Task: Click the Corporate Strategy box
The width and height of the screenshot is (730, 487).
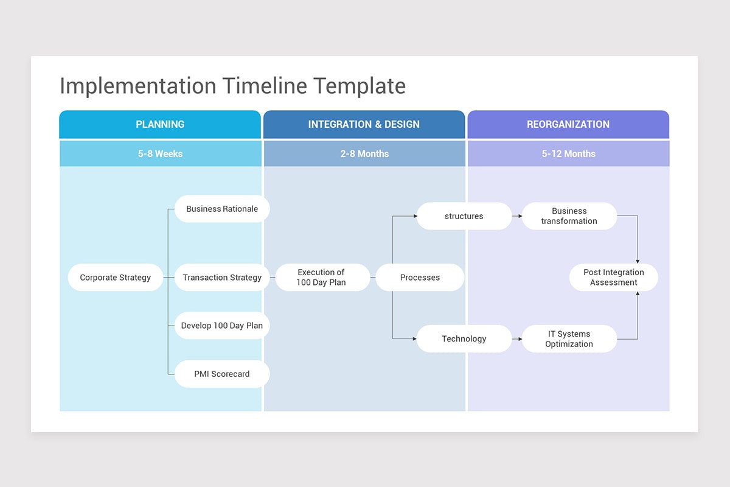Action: coord(116,278)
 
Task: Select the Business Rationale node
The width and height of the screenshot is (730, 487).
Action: coord(222,209)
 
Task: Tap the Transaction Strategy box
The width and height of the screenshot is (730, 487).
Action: coord(222,278)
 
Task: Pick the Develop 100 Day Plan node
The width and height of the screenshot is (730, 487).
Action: coord(222,326)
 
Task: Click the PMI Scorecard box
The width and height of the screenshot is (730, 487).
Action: coord(222,374)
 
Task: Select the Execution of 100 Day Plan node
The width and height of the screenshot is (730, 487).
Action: coord(321,278)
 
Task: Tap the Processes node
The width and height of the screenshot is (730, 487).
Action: coord(420,278)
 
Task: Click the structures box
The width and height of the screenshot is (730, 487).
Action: coord(464,216)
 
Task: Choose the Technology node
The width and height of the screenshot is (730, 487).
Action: coord(464,339)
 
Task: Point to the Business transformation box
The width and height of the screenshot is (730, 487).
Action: coord(569,216)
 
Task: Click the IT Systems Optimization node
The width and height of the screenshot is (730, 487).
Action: coord(569,339)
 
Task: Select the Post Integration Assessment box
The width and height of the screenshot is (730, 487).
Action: coord(613,278)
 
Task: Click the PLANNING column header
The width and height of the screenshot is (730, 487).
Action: coord(160,124)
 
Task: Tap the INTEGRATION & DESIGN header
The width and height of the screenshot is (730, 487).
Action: coord(364,124)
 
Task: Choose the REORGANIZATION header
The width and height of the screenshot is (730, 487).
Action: coord(568,124)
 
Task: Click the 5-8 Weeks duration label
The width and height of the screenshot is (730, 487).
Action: coord(160,154)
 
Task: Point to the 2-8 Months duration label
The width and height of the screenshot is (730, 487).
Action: coord(364,154)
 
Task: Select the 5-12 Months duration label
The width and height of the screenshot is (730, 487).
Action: coord(568,154)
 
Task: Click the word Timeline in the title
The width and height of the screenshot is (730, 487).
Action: coord(265,86)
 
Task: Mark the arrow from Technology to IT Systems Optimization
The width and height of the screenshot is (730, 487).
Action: coord(517,339)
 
